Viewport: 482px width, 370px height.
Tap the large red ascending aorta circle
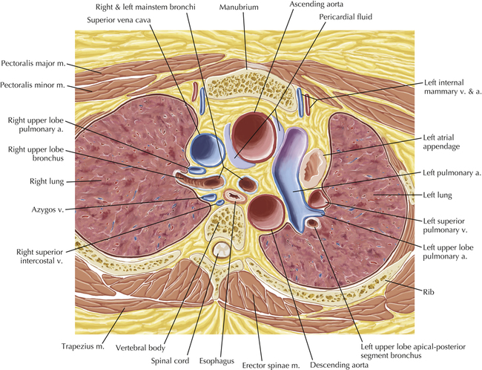254,134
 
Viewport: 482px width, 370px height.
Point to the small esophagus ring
236,198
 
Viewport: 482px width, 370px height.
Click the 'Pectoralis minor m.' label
36,85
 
